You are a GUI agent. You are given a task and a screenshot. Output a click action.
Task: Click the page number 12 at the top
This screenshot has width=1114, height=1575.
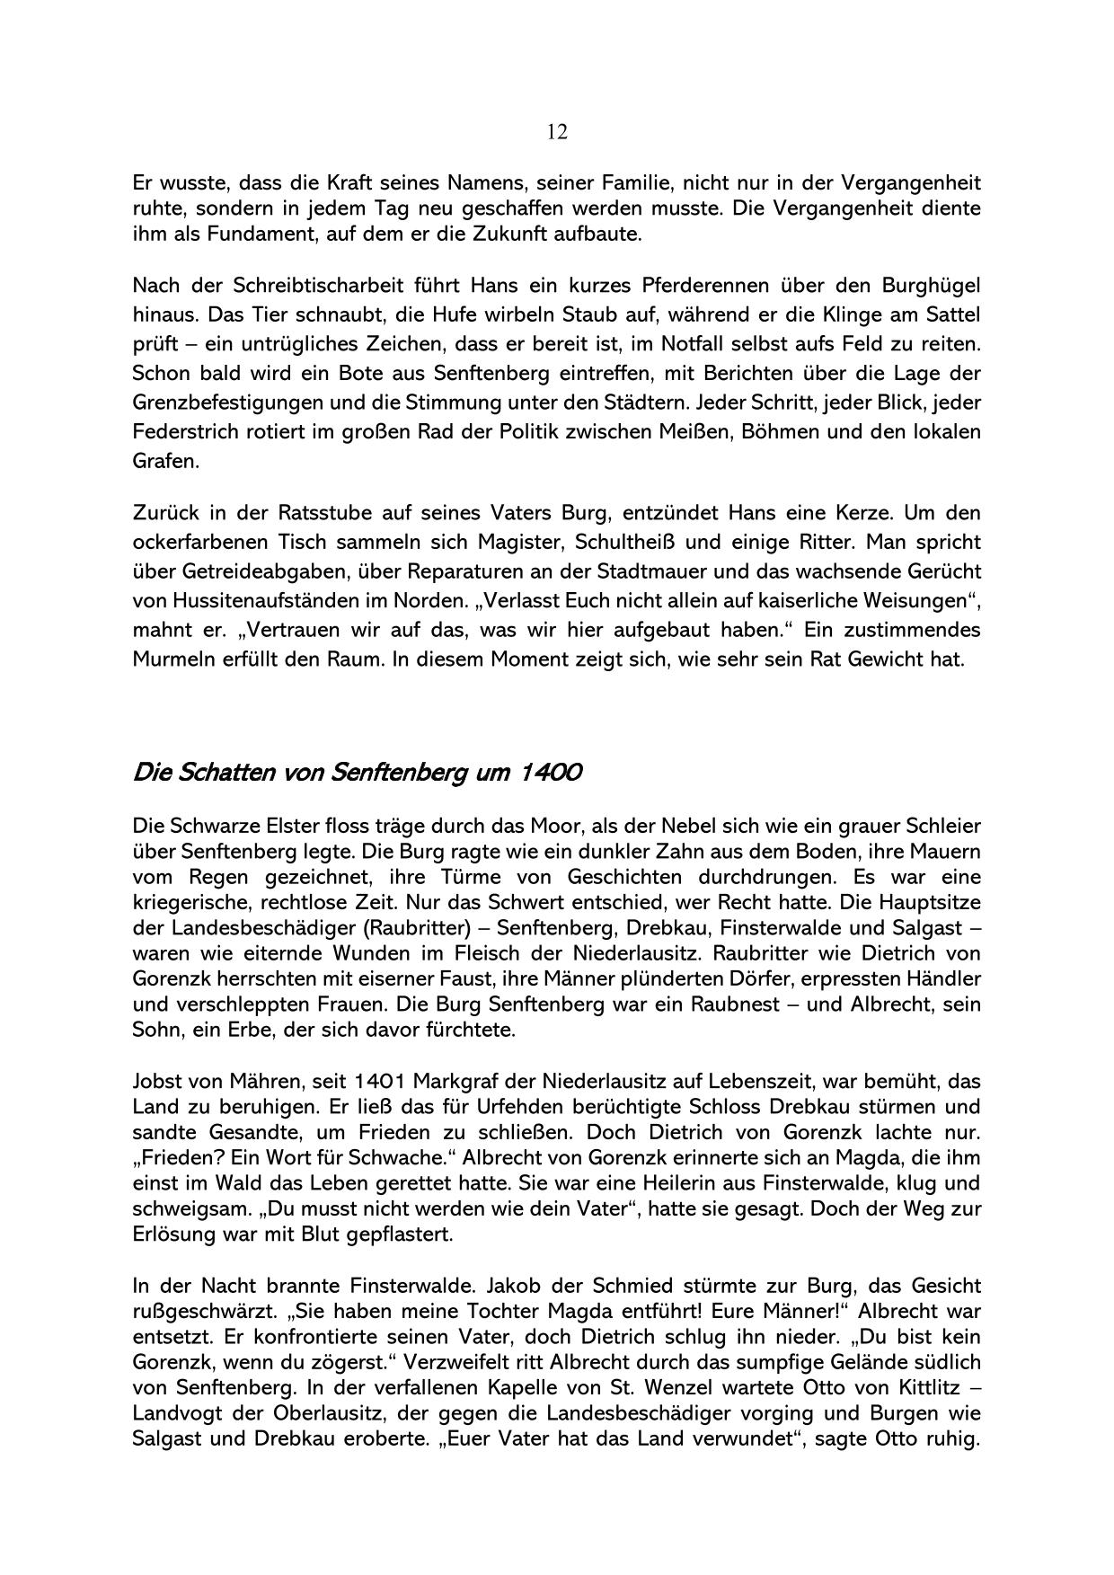tap(556, 132)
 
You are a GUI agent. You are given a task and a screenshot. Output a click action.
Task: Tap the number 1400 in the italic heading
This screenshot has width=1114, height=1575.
tap(548, 772)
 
